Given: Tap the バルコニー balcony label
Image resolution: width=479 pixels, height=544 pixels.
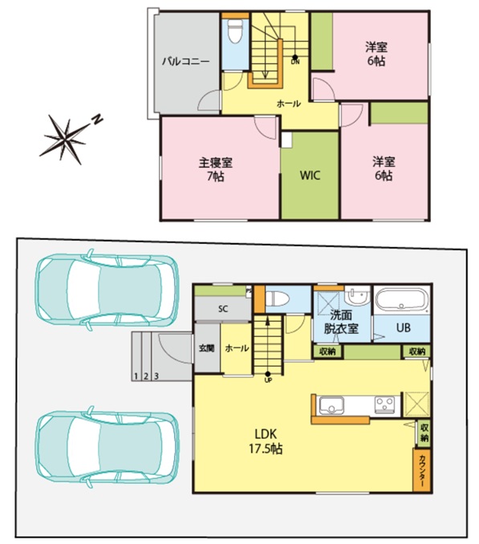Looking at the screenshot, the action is [186, 62].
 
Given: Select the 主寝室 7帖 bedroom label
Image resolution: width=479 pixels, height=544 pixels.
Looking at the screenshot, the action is [215, 169].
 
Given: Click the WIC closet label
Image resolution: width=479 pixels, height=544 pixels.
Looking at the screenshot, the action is [310, 175].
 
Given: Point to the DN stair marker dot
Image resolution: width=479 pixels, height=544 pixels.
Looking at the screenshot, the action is [294, 57].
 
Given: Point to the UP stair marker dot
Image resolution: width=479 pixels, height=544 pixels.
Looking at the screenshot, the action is [268, 374].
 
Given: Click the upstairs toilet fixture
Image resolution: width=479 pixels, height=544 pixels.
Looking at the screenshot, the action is [235, 31].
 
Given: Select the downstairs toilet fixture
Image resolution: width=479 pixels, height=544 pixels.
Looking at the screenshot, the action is [277, 298].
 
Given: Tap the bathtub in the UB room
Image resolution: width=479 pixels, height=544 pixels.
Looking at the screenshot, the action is [402, 300].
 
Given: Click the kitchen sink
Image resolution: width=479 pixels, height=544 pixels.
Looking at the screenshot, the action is [331, 405].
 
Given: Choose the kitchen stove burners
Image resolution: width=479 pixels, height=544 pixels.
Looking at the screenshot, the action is [384, 405].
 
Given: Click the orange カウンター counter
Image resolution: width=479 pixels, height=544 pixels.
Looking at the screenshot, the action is [422, 470].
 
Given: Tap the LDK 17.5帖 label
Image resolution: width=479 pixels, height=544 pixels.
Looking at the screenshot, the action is [266, 441].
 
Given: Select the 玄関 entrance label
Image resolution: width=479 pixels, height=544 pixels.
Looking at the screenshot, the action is [207, 348].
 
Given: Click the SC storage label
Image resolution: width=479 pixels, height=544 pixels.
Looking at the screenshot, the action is [223, 308].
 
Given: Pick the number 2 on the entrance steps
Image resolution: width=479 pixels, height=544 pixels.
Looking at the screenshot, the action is [146, 376].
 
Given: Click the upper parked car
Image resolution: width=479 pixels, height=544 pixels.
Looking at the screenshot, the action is [108, 289].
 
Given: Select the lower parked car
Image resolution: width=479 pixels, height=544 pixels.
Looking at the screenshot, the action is [108, 446].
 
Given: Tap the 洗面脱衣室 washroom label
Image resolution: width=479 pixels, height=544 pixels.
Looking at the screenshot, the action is [341, 322].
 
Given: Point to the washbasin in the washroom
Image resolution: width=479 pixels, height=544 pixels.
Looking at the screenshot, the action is [357, 296].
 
